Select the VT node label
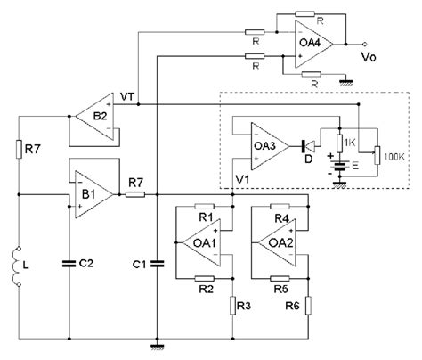[127, 98]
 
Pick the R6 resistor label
[291, 305]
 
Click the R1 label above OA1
[204, 217]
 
